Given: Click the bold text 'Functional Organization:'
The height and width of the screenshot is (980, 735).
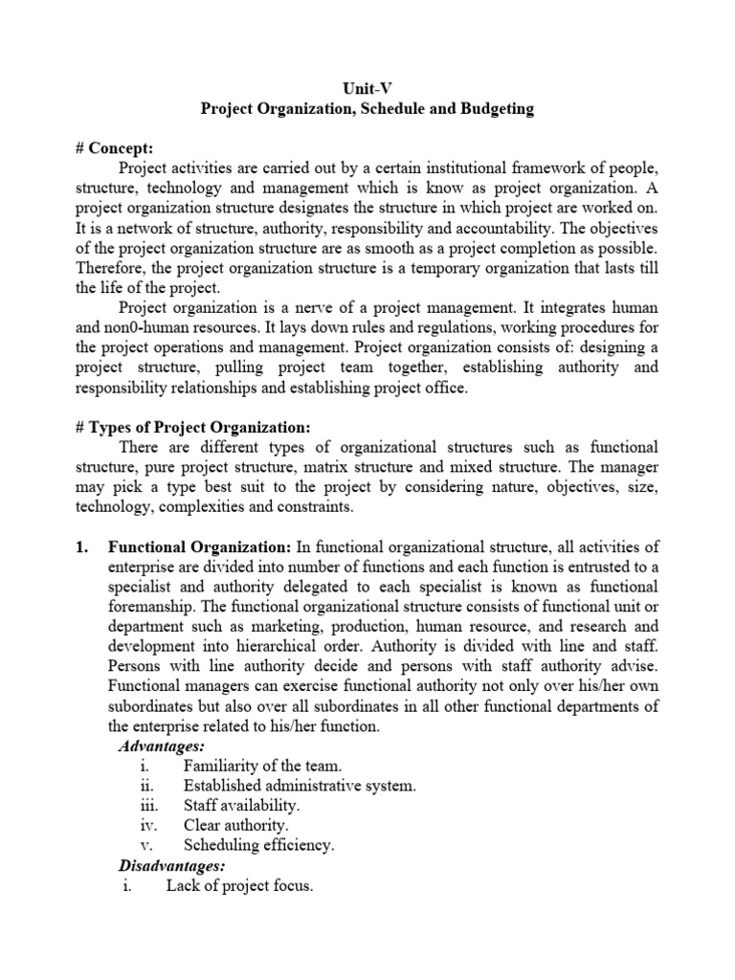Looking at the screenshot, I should tap(199, 546).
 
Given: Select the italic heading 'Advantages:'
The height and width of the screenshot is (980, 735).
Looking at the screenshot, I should tap(162, 746).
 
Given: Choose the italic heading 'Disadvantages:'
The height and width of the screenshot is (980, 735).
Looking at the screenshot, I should tap(171, 865).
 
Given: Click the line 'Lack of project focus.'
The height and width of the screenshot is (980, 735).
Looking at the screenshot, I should tap(239, 885).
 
